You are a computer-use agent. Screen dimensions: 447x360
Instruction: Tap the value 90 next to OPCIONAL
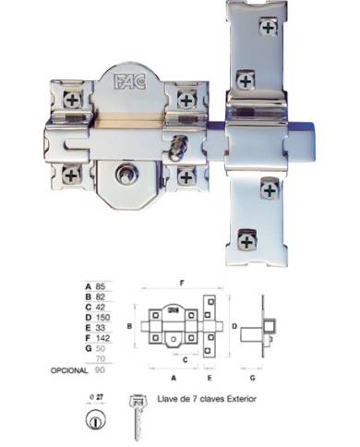tap(99, 370)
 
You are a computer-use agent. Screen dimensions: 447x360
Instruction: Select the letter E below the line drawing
tap(213, 378)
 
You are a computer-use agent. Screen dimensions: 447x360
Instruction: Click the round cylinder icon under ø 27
tap(92, 421)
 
